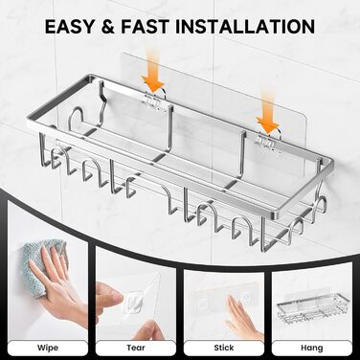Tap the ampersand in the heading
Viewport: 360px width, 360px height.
click(108, 27)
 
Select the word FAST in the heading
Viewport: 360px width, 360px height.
click(146, 26)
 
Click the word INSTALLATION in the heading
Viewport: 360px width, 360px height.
click(245, 26)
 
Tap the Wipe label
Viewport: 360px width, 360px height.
click(48, 348)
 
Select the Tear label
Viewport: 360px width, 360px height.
click(136, 348)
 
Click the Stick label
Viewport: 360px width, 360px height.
click(224, 348)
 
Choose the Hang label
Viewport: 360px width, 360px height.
click(311, 348)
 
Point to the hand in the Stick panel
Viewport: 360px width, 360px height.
click(242, 316)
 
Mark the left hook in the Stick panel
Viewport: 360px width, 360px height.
click(202, 301)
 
